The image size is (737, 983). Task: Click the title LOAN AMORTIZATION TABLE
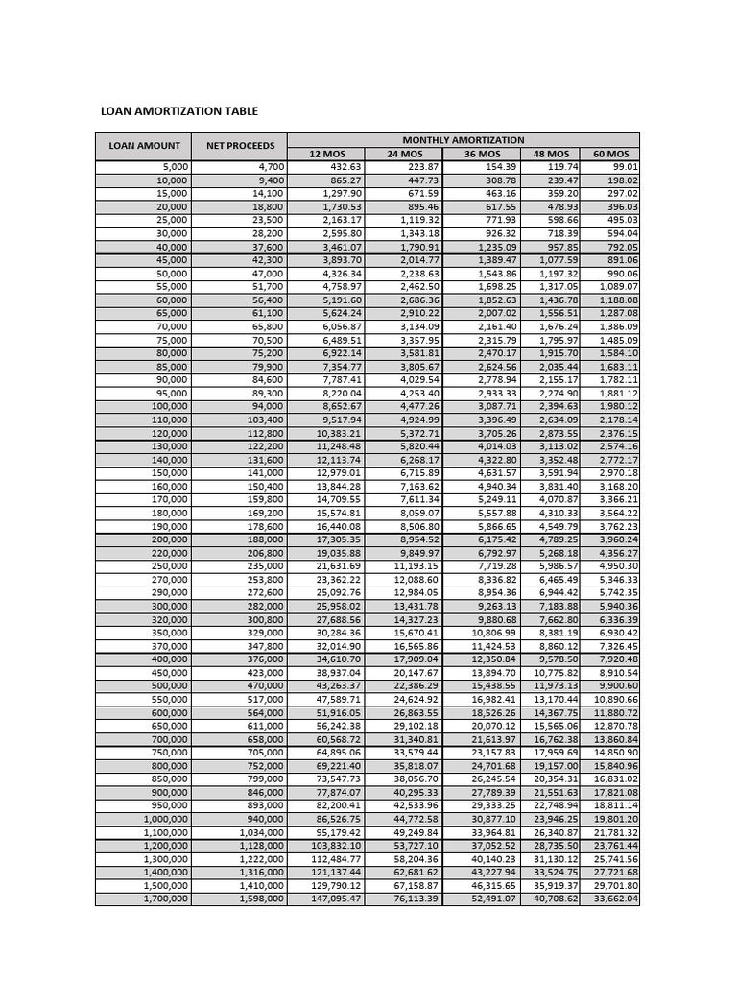tap(179, 111)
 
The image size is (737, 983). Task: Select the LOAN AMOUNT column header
tap(144, 146)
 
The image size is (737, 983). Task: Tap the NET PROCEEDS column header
tap(240, 146)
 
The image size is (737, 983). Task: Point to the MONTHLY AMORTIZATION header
tap(463, 140)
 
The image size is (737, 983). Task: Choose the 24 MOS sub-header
tap(404, 154)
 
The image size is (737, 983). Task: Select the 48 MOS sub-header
tap(551, 154)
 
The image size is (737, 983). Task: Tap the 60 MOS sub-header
tap(610, 154)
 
